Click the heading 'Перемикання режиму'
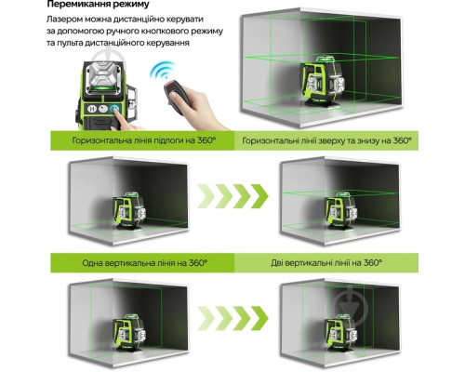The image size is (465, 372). (x=98, y=5)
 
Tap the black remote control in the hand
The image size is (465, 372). (x=175, y=97)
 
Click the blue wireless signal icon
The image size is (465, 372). (x=162, y=70)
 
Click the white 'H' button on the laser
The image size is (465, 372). (x=92, y=109)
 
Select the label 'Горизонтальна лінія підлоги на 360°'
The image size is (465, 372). (x=143, y=140)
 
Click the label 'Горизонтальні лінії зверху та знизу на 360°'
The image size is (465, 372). (x=326, y=140)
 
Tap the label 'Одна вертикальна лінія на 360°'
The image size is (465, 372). (x=144, y=263)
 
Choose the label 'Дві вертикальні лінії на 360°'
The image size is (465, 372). (x=326, y=263)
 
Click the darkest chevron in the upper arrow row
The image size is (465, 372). (x=259, y=196)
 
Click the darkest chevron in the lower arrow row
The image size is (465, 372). (x=259, y=318)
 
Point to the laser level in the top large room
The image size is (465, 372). (x=323, y=82)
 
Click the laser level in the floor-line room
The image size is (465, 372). (x=129, y=211)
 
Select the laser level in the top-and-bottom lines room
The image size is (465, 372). (x=341, y=211)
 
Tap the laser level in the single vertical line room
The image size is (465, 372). (x=129, y=332)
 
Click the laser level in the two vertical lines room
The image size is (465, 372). (x=341, y=332)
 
